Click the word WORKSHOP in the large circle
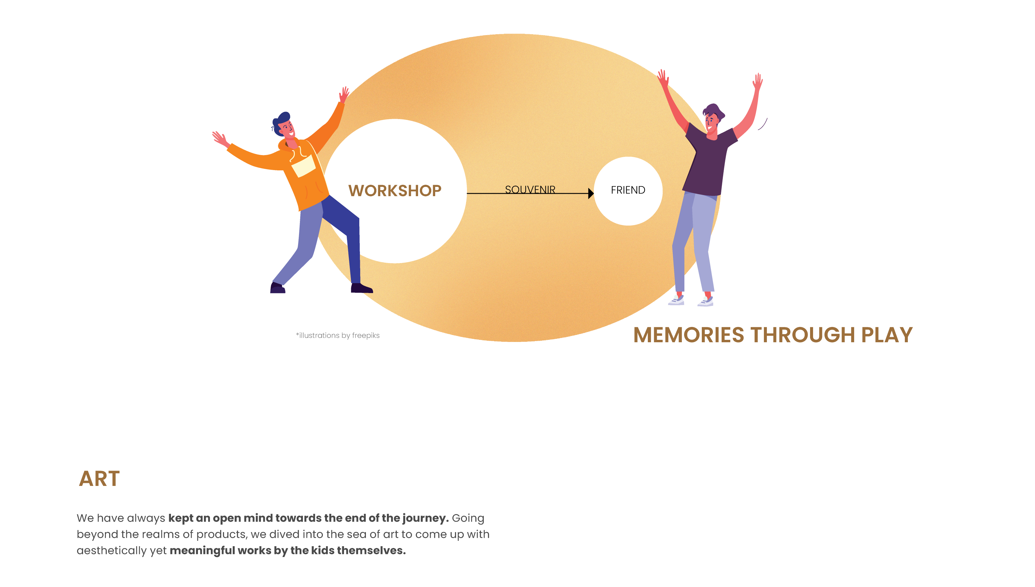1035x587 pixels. [395, 190]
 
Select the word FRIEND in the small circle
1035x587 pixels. [628, 190]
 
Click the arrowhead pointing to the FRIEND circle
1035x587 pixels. [591, 193]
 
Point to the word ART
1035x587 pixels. [99, 478]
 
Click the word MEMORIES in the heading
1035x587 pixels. [688, 335]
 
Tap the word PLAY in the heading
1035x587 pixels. [887, 335]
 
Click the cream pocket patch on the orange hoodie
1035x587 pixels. [304, 166]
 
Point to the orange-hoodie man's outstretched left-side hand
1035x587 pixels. [220, 139]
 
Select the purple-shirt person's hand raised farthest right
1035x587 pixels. [758, 82]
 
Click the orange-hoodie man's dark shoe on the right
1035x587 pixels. [361, 288]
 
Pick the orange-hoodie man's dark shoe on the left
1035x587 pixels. [278, 288]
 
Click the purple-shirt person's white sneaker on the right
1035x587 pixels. [706, 301]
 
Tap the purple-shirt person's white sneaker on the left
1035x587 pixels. [677, 300]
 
